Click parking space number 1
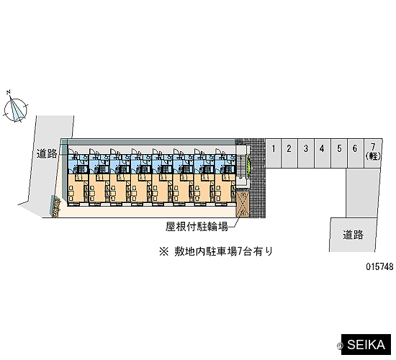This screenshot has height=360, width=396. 274,153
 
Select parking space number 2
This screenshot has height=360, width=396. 289,153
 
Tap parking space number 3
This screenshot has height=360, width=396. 306,153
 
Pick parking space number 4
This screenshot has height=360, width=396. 323,153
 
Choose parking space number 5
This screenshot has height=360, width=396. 338,153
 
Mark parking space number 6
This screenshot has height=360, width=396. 355,153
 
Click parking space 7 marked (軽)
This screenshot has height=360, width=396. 372,153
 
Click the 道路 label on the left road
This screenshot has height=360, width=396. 47,153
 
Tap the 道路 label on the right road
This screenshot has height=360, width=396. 353,235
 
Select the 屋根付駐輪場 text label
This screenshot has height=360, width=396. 197,227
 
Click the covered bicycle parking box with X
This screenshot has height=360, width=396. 243,204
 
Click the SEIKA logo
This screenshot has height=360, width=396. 366,345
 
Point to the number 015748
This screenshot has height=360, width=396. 380,266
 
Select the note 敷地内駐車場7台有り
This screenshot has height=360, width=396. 223,251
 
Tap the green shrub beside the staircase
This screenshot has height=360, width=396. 248,165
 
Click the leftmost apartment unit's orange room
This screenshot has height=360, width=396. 78,188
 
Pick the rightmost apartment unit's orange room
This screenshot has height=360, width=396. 225,188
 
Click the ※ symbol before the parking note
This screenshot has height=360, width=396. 163,251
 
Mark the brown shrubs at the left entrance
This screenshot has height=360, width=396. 56,207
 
